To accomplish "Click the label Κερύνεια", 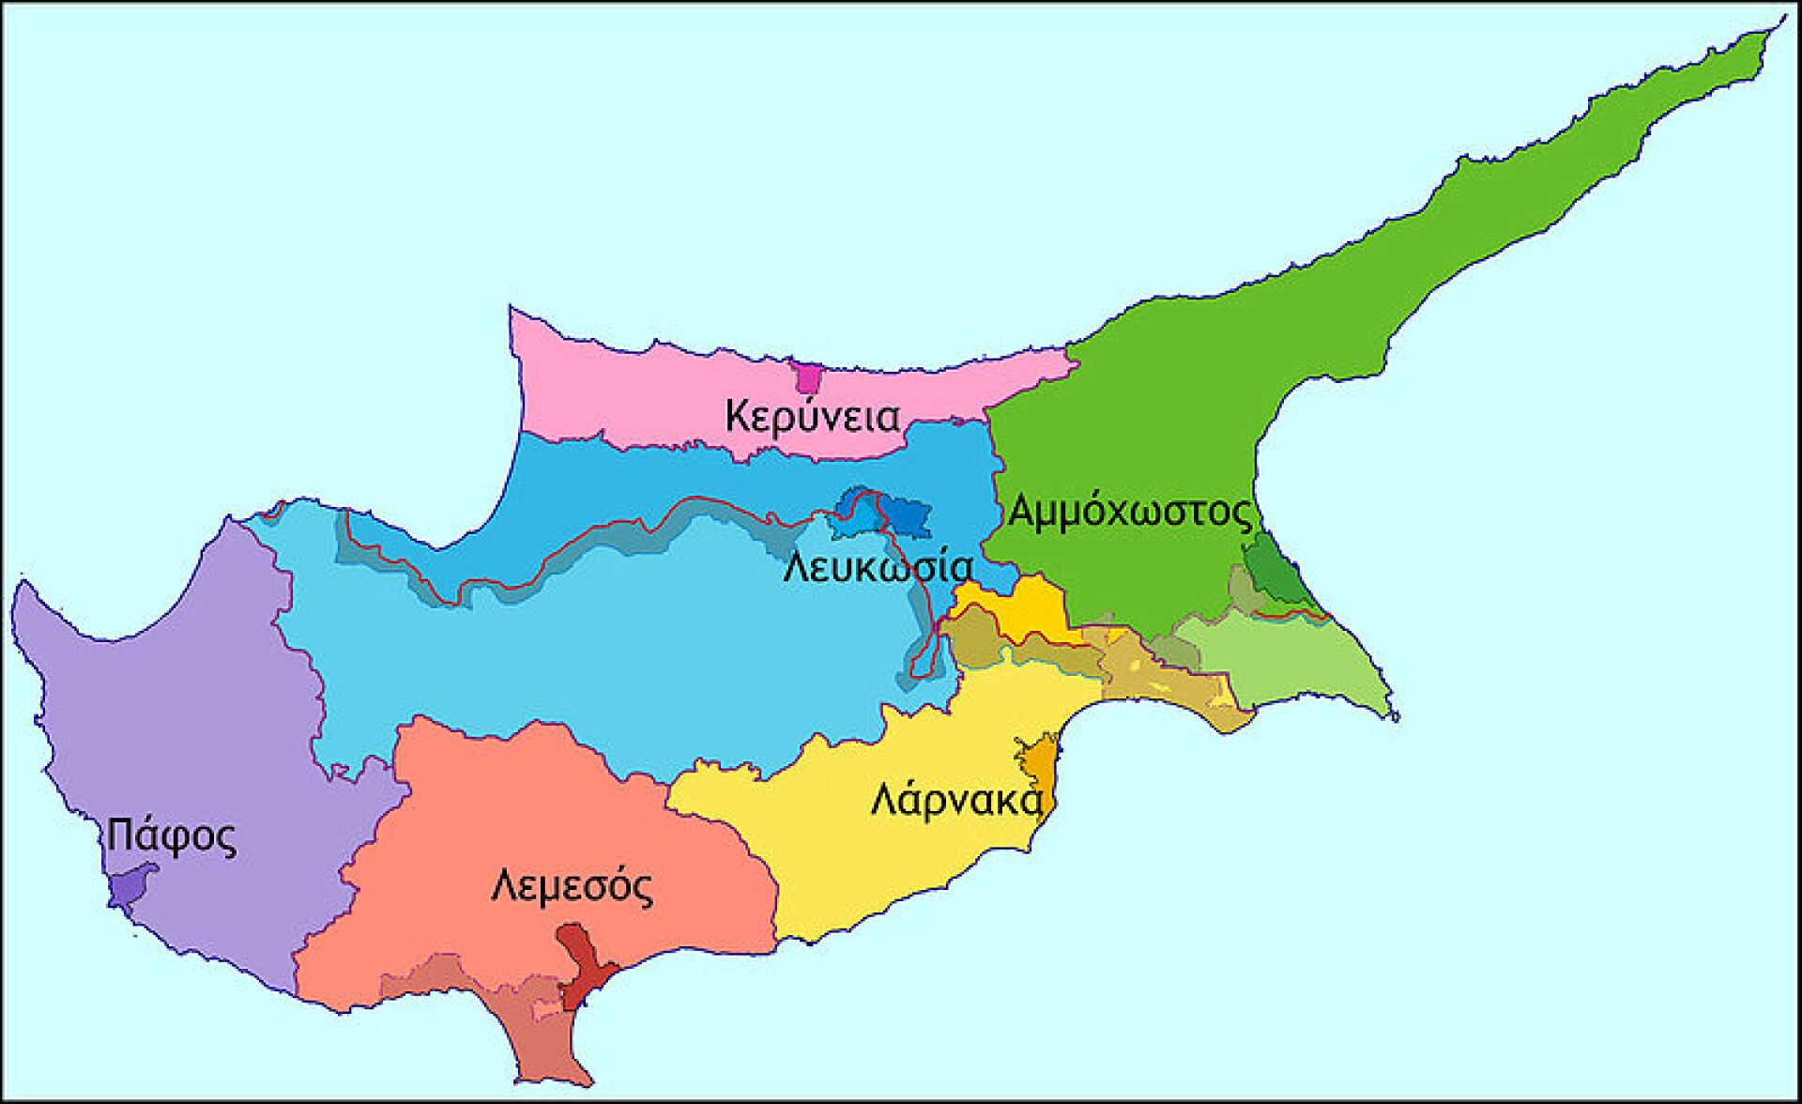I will [x=812, y=417].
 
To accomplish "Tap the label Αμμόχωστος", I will [x=1129, y=513].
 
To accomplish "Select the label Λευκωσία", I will [x=878, y=568].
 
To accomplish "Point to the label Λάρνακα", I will [x=956, y=801].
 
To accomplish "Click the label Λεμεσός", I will [x=572, y=886].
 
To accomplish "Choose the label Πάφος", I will [x=171, y=835].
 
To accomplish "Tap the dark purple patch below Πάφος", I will [x=130, y=886].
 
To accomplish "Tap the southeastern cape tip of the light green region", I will [x=1395, y=716].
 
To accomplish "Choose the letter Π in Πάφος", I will [x=117, y=835].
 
